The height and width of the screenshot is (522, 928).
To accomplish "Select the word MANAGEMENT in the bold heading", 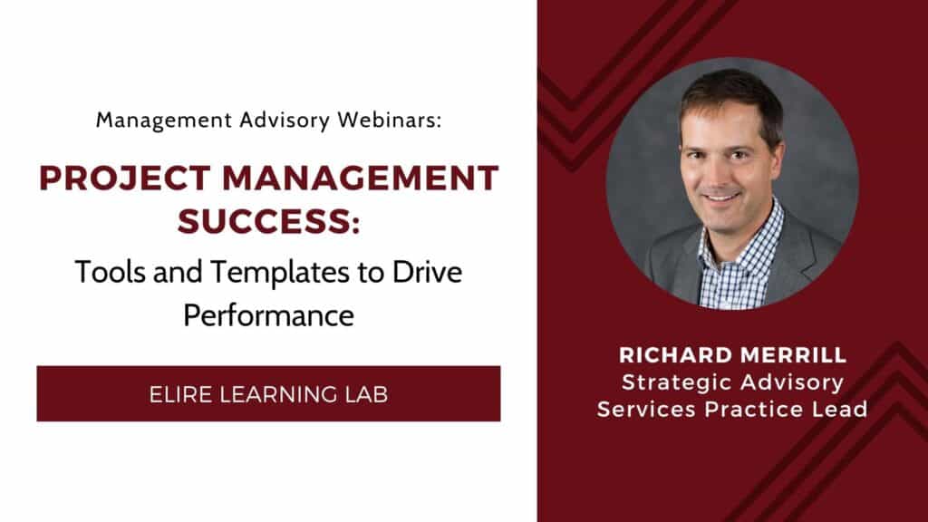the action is pyautogui.click(x=361, y=179).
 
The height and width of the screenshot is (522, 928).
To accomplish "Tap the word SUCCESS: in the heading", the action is pyautogui.click(x=268, y=221).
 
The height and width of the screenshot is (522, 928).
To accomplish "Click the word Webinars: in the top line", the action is pyautogui.click(x=390, y=121).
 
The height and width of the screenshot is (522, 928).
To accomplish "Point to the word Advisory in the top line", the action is pyautogui.click(x=284, y=121).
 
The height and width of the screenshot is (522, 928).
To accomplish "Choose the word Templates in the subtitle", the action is pyautogui.click(x=279, y=272).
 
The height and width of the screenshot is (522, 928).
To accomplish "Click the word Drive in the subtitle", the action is pyautogui.click(x=427, y=272).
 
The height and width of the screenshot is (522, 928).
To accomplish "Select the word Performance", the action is pyautogui.click(x=268, y=315).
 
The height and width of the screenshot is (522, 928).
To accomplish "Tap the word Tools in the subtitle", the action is pyautogui.click(x=110, y=272).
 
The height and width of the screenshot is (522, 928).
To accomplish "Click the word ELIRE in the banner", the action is pyautogui.click(x=180, y=395).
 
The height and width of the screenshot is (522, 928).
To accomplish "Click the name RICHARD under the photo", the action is pyautogui.click(x=675, y=355).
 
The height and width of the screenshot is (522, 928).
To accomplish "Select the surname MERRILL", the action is pyautogui.click(x=794, y=355).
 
